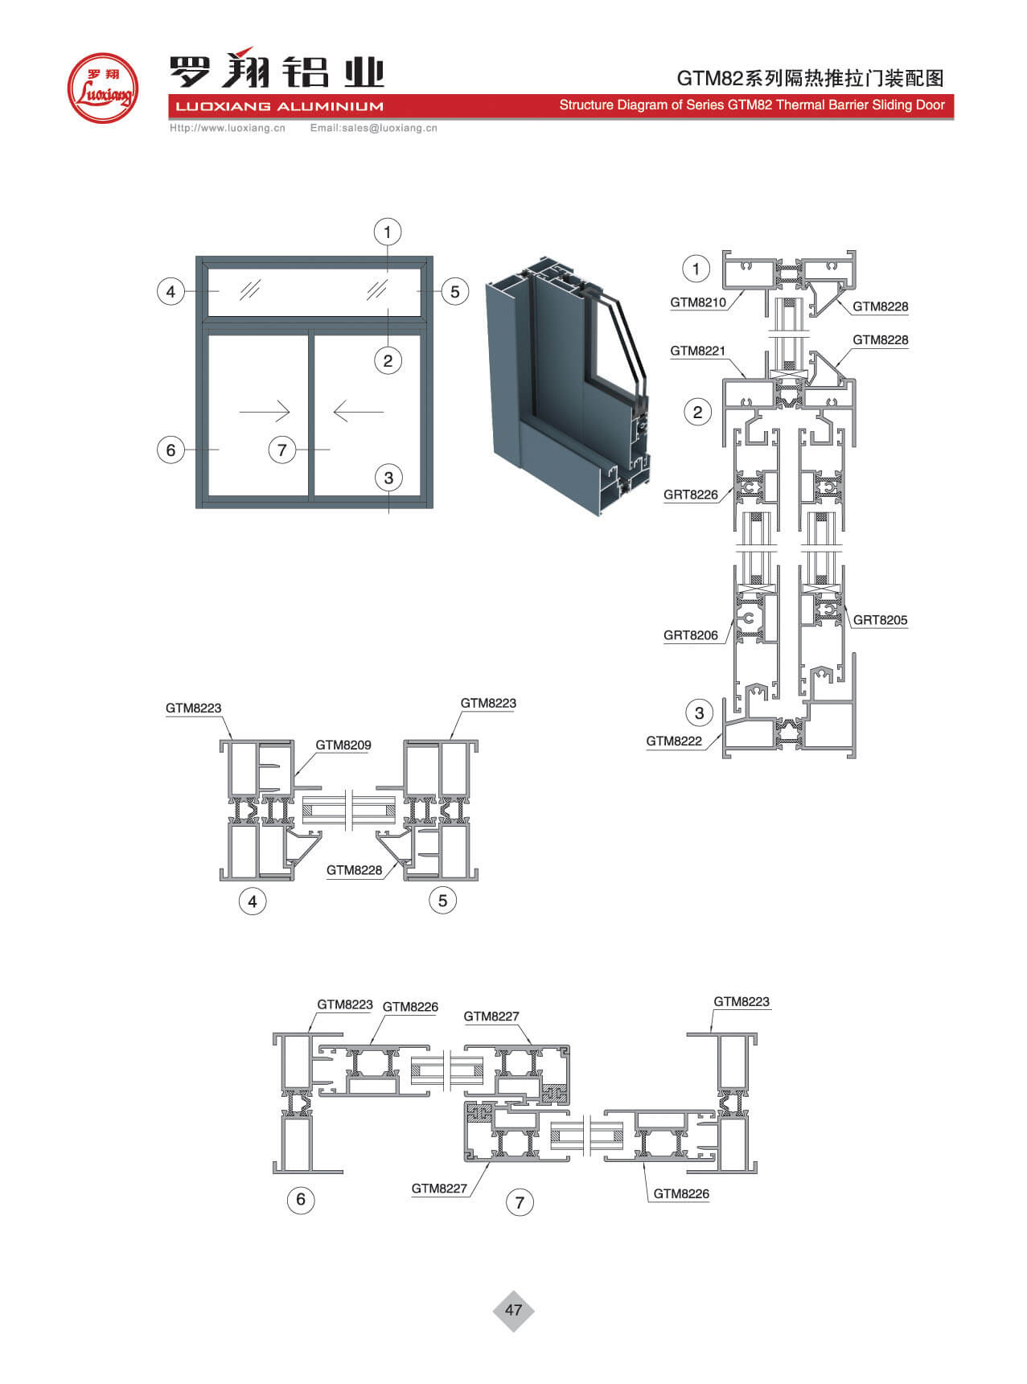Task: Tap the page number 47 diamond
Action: (x=513, y=1310)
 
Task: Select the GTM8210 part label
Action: (x=698, y=302)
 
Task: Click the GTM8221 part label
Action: (x=698, y=351)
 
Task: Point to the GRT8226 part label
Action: (x=691, y=495)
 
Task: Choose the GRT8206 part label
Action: (x=691, y=635)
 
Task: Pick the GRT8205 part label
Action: (x=880, y=620)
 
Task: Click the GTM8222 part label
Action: (x=674, y=741)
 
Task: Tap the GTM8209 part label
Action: (x=343, y=745)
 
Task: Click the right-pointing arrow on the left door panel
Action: (x=265, y=412)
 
